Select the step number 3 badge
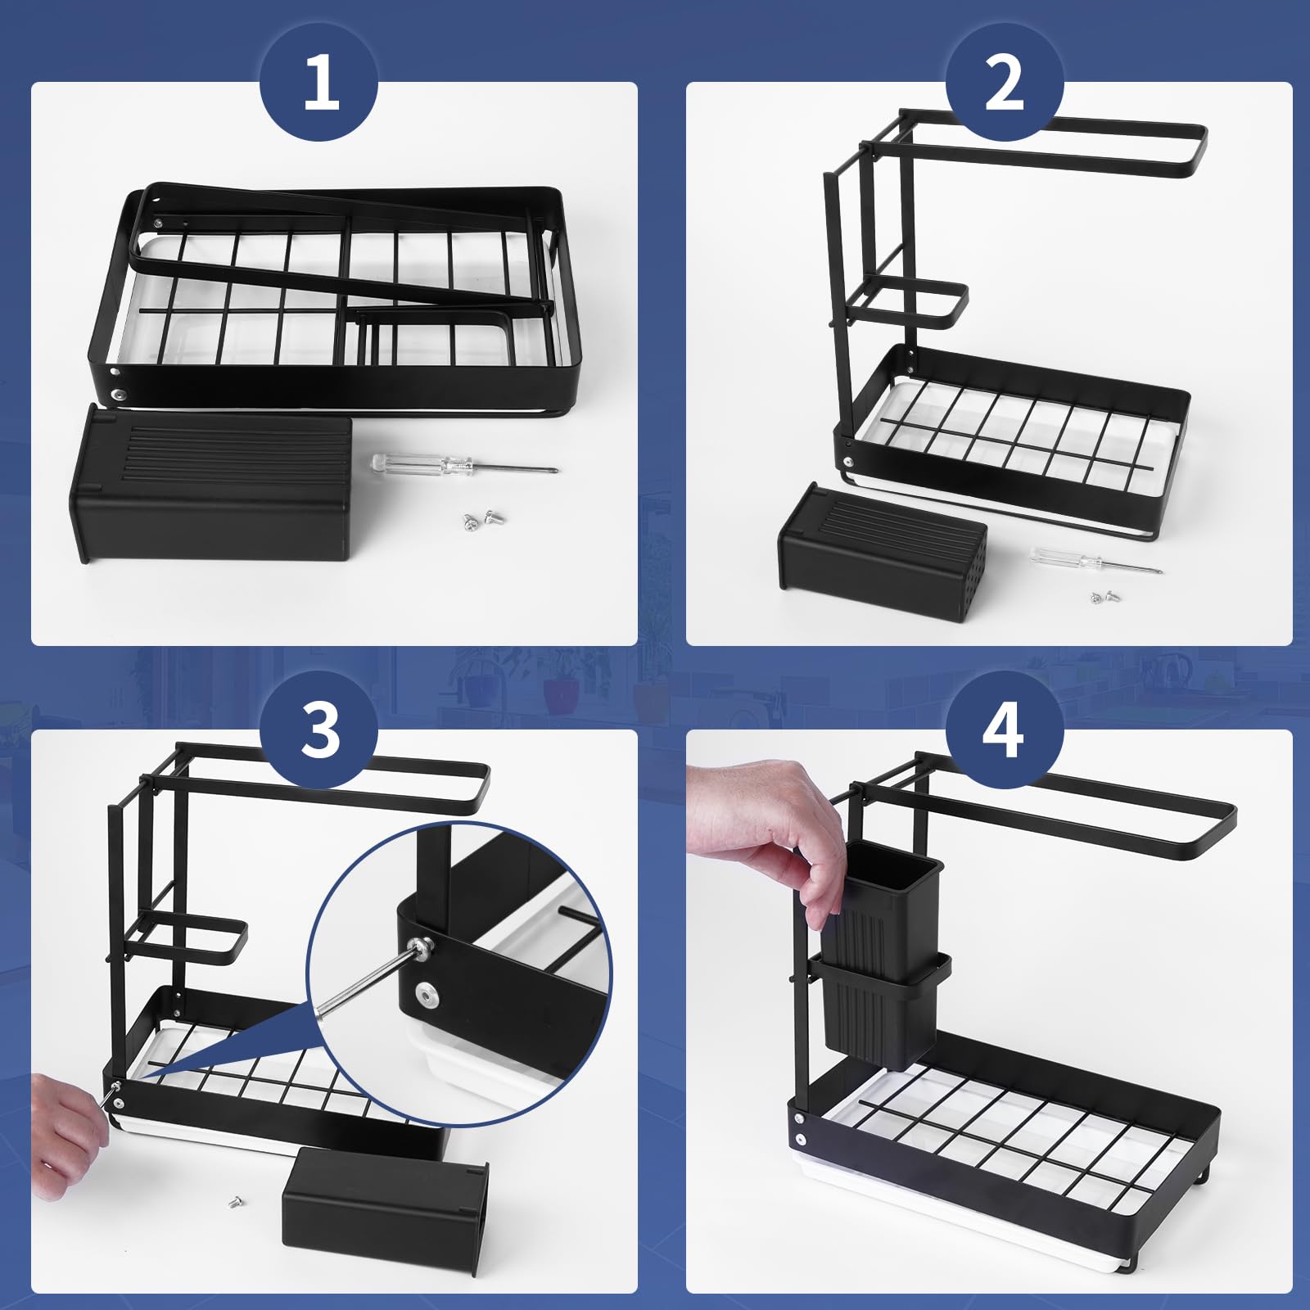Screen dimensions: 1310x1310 coord(319,730)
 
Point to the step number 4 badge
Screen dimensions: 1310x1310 coord(1005,730)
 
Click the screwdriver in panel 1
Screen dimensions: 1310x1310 coord(464,465)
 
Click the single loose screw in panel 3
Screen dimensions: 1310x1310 coord(234,1203)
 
